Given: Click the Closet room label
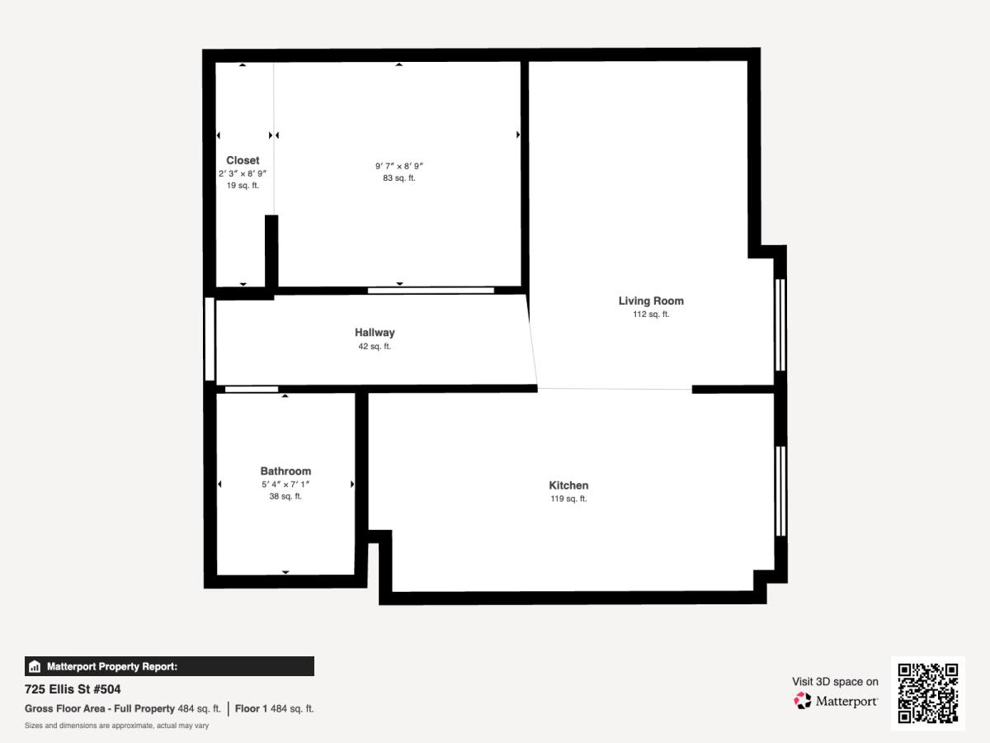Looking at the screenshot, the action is (243, 160).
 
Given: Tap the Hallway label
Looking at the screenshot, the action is (375, 333).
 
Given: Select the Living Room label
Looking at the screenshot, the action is (651, 301).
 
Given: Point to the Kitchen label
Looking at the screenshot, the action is (568, 485).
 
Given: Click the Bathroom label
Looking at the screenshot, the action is (285, 471).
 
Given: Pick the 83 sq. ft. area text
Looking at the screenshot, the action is (399, 178).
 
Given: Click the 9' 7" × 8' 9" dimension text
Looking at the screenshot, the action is (399, 166).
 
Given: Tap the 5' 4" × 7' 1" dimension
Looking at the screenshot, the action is (285, 484).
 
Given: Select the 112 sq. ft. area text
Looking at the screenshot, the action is (651, 315).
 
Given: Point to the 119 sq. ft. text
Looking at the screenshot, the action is (568, 499).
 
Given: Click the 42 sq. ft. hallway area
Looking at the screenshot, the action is (375, 347).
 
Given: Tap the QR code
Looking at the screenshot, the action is (928, 693).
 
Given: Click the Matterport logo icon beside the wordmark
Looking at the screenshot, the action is (803, 701).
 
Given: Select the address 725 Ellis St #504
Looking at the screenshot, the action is (73, 689).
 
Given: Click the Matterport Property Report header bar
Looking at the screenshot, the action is (169, 666).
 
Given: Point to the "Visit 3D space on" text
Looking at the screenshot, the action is (835, 682).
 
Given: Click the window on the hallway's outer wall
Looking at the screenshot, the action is (210, 338).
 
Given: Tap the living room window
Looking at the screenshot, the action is (780, 325).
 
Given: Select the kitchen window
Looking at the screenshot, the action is (780, 491).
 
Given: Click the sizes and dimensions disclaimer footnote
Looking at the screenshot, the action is (116, 726).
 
